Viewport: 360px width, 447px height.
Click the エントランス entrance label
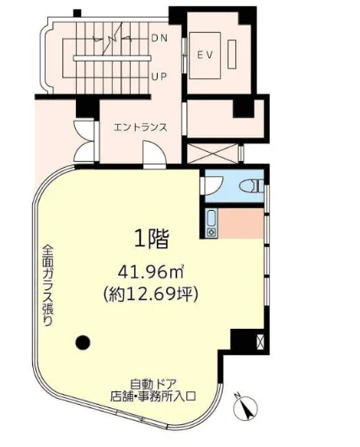click(x=140, y=128)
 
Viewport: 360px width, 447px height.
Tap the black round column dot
click(x=82, y=342)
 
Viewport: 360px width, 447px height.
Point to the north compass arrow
click(x=246, y=407)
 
